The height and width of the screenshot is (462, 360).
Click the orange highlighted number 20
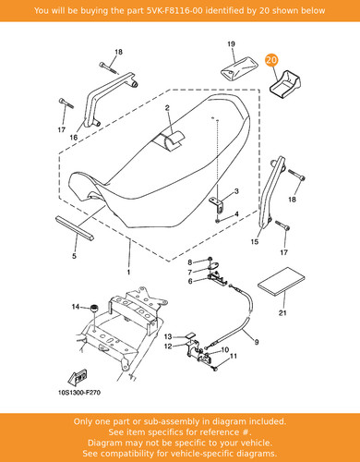(271, 60)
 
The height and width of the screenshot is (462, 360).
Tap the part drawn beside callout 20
(285, 84)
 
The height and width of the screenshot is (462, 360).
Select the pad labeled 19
(237, 69)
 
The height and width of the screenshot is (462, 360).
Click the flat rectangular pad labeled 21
(282, 282)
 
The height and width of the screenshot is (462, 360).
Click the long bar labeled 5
(75, 228)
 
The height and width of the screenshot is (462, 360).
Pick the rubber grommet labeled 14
(93, 309)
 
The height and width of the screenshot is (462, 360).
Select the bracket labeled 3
(217, 204)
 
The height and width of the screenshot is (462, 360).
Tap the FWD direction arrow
(77, 377)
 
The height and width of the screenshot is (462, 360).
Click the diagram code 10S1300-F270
(79, 393)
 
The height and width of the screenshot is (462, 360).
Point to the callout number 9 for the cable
(257, 342)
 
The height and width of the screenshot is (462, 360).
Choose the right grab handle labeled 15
(270, 192)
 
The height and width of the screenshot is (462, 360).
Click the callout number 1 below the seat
(128, 272)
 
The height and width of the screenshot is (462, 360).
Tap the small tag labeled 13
(191, 335)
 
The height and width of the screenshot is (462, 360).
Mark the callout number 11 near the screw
(234, 356)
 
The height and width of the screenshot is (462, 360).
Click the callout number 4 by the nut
(236, 213)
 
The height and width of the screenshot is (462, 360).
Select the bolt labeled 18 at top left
(109, 68)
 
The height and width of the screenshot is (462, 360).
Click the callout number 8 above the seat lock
(190, 262)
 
